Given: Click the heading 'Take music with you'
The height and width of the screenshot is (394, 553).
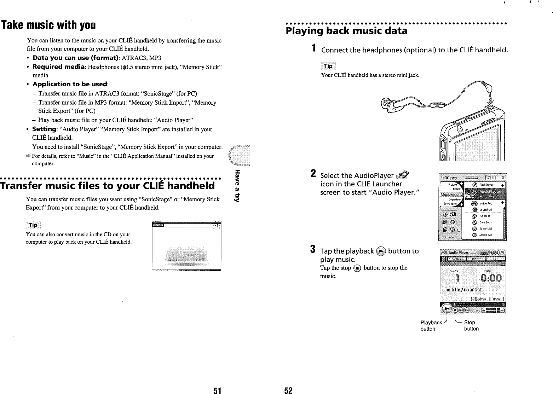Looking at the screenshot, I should [x=48, y=25].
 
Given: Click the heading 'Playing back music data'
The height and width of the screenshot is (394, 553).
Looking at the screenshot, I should [x=346, y=31].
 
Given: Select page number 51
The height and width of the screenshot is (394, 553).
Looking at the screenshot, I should [x=217, y=390].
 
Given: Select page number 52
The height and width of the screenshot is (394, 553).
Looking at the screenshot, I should [x=289, y=390].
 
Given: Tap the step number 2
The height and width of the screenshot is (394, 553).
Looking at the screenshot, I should [x=313, y=174].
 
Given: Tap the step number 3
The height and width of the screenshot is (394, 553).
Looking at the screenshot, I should [x=313, y=249].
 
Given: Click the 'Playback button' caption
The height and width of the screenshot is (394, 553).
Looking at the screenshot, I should [x=431, y=325].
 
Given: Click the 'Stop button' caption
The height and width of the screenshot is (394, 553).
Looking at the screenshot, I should [x=471, y=325].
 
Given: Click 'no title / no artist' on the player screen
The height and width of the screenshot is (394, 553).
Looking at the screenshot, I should [x=463, y=290].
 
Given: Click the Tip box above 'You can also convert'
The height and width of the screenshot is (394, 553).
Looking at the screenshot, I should [x=33, y=225].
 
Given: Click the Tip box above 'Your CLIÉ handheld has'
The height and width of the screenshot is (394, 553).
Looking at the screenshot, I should [x=328, y=66].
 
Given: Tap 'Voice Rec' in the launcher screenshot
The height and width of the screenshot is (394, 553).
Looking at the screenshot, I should [x=485, y=203].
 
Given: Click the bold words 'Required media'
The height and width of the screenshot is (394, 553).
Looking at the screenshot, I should [x=58, y=67].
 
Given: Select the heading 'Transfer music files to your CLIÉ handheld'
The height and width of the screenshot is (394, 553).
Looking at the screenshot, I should [x=108, y=186].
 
